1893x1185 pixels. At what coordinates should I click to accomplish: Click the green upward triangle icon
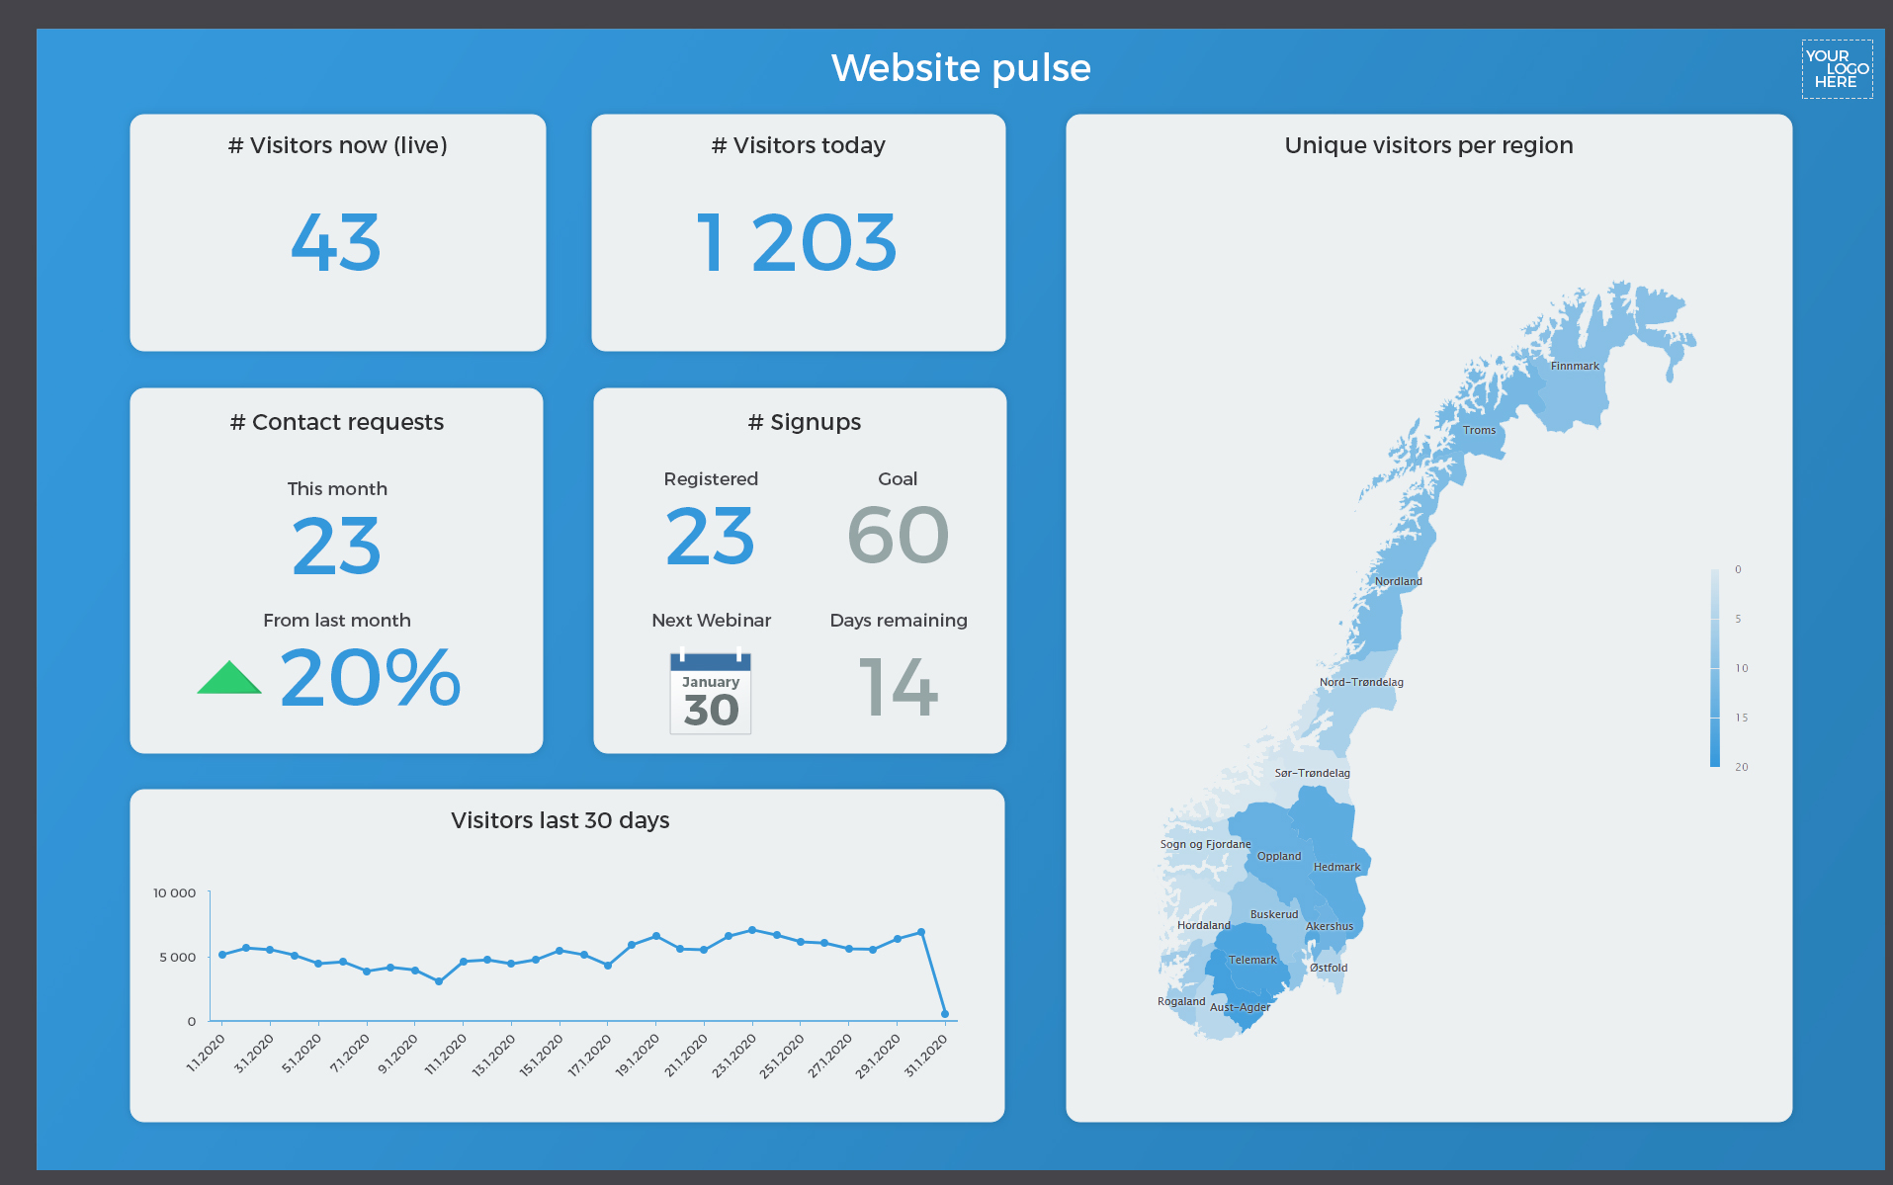coord(228,679)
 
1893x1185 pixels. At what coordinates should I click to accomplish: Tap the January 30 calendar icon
coord(711,693)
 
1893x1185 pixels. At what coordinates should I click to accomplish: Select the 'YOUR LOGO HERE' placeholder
coord(1837,69)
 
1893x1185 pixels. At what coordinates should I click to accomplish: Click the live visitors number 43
coord(336,242)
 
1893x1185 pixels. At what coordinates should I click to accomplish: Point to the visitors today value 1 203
coord(797,242)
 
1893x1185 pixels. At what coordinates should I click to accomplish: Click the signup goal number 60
coord(898,536)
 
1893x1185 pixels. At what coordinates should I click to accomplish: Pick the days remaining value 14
coord(898,688)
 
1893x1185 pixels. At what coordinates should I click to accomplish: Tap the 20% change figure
coord(371,678)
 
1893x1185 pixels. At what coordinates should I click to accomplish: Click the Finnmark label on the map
coord(1575,366)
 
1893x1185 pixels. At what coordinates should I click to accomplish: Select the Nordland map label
coord(1398,581)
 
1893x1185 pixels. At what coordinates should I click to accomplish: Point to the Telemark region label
coord(1252,960)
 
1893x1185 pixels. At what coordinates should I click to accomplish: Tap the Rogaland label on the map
coord(1181,1001)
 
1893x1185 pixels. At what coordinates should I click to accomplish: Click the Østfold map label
coord(1329,968)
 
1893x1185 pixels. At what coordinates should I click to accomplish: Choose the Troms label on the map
coord(1479,430)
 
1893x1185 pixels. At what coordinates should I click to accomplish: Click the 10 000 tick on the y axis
coord(174,892)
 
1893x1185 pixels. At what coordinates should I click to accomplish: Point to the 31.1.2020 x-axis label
coord(927,1056)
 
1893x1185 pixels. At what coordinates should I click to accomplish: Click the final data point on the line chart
coord(945,1014)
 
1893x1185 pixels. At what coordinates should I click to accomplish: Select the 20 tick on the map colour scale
coord(1741,767)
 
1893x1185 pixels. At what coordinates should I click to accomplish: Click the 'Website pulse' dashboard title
coord(961,68)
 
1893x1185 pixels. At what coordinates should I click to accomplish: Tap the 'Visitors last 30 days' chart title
coord(559,820)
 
